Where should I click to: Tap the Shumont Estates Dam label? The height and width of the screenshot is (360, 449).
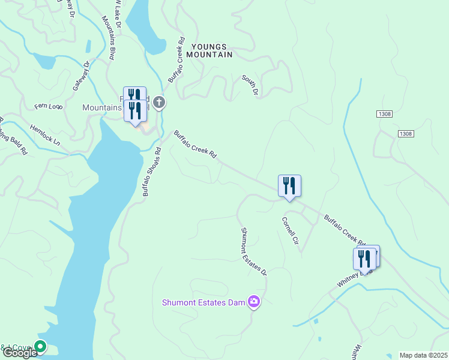point(203,302)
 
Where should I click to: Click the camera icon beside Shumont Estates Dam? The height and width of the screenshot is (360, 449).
point(254,301)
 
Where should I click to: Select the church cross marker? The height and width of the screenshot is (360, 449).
point(159,103)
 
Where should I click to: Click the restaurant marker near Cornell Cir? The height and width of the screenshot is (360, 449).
point(289,186)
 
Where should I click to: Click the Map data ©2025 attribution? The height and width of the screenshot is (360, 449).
point(423,355)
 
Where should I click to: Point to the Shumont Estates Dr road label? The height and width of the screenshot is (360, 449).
point(253,251)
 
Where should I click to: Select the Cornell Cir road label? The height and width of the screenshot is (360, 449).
point(290,231)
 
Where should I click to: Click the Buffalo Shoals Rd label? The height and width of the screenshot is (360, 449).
point(152,172)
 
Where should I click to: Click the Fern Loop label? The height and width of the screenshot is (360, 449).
point(48,107)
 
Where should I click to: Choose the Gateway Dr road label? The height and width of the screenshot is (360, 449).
point(81,76)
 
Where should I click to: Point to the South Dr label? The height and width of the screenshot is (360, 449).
point(250,86)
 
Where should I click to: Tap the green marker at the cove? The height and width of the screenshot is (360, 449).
point(40,346)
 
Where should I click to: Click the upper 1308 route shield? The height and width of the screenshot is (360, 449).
point(385,114)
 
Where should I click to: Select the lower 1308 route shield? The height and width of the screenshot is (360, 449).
point(405,133)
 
